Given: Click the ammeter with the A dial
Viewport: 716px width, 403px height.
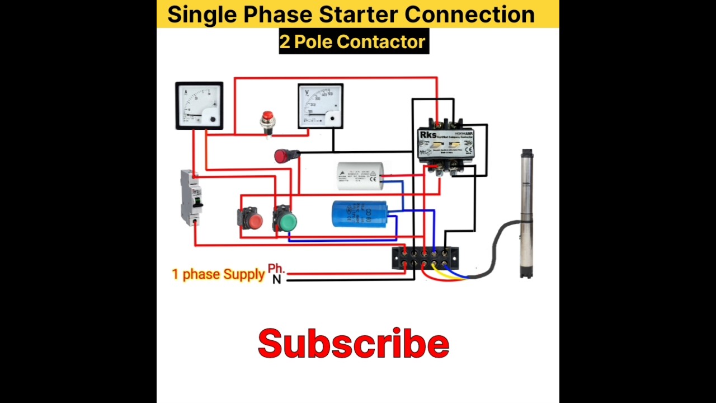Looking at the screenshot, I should click(x=199, y=106).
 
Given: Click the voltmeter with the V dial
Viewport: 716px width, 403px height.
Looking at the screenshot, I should click(x=321, y=106).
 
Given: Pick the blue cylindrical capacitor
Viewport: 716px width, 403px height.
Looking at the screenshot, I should click(x=360, y=214).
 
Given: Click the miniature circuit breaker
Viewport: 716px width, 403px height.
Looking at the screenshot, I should click(x=191, y=197).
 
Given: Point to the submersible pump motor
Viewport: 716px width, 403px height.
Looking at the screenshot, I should click(x=527, y=213).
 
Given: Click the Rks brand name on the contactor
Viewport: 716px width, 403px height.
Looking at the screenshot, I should click(x=428, y=135).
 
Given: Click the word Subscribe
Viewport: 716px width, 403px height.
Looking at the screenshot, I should click(x=354, y=344).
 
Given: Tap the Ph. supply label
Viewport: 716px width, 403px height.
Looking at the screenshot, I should click(x=276, y=269).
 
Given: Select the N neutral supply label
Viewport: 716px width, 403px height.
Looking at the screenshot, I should click(x=276, y=279).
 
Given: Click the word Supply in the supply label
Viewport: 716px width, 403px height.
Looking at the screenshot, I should click(x=244, y=274).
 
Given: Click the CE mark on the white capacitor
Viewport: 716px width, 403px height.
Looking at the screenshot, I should click(x=373, y=179).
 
